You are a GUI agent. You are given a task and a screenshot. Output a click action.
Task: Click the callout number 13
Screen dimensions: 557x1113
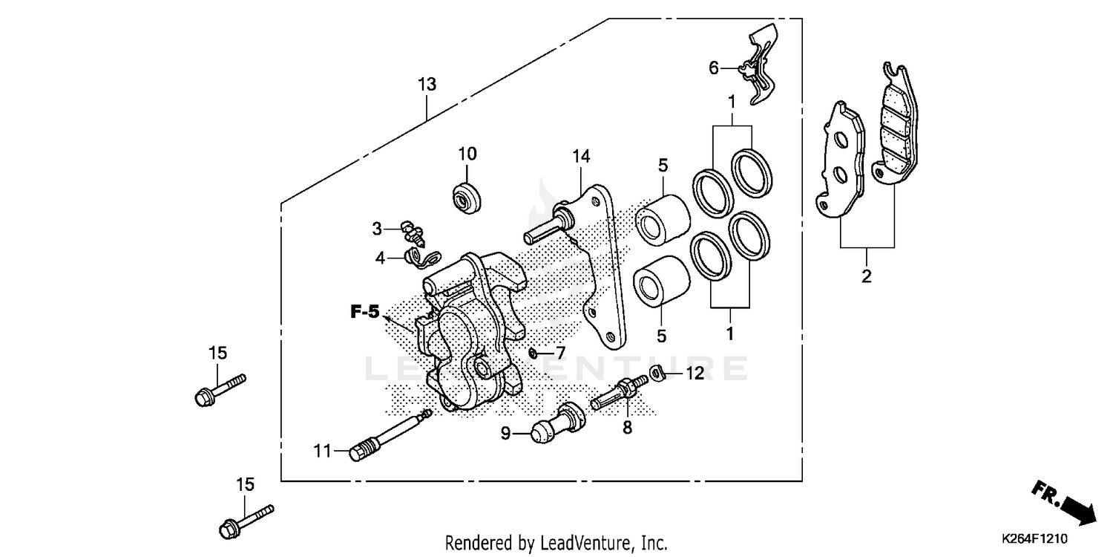pyautogui.click(x=427, y=85)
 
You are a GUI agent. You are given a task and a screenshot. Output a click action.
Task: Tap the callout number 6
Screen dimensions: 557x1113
pyautogui.click(x=714, y=68)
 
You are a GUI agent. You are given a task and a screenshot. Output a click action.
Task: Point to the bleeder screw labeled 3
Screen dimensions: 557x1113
pyautogui.click(x=410, y=232)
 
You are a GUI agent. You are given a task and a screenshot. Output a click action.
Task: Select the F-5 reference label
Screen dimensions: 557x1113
pyautogui.click(x=365, y=313)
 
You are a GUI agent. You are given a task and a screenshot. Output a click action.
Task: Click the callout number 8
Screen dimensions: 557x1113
pyautogui.click(x=627, y=428)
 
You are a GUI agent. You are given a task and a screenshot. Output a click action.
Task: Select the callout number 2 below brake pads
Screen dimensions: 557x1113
pyautogui.click(x=866, y=278)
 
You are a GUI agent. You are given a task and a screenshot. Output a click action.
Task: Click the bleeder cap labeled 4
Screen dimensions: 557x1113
pyautogui.click(x=421, y=258)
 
